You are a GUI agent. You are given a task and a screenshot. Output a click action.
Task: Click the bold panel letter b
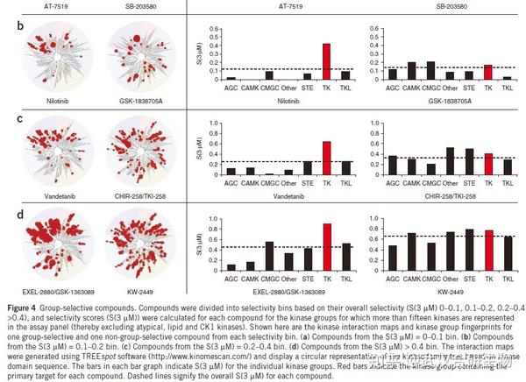pyautogui.click(x=7, y=27)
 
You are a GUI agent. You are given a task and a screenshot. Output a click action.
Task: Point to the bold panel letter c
pyautogui.click(x=7, y=117)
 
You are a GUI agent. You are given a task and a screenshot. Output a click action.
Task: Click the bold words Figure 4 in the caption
pyautogui.click(x=22, y=309)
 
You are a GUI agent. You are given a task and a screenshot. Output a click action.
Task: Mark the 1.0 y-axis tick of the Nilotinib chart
pyautogui.click(x=211, y=26)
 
